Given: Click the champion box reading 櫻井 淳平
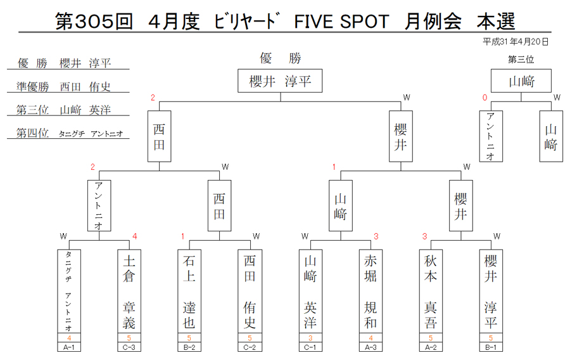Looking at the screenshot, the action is tap(280, 80).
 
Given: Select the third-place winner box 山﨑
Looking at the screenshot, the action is tap(521, 80).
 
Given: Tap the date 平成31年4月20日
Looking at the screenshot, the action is tap(516, 42).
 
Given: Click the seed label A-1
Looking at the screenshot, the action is tap(69, 347).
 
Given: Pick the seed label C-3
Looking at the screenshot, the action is tap(129, 347).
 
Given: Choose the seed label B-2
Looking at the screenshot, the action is tap(189, 347).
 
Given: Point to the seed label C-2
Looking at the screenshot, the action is tap(250, 347).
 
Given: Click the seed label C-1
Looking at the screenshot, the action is tap(310, 347).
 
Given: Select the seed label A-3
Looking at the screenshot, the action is tap(370, 347).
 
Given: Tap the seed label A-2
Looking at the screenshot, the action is tap(431, 347).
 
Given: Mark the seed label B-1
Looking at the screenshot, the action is tap(491, 347).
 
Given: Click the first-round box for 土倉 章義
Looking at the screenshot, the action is tap(129, 292).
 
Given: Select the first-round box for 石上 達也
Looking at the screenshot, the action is tap(189, 292).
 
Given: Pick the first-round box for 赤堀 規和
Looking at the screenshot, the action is tap(370, 292).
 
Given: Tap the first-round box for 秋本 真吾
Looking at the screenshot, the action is tap(431, 292).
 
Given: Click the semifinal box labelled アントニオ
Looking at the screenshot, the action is tap(99, 205).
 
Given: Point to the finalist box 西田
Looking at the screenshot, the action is tap(159, 136).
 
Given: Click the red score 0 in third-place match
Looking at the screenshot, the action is tap(484, 98).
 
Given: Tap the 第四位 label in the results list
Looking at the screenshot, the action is tap(32, 132).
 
